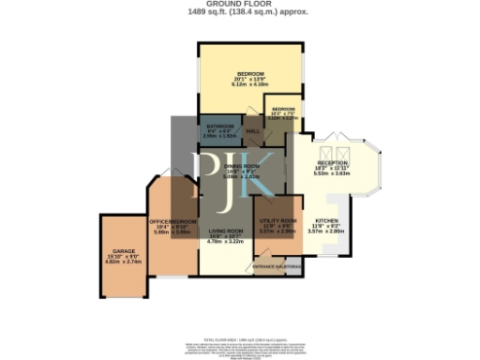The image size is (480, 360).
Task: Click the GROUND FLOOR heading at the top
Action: pos(240,4)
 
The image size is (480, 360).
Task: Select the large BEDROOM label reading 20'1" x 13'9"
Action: pos(250,73)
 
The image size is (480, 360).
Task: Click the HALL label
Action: pos(252,130)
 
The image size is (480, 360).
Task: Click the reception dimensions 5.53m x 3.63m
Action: pos(333,174)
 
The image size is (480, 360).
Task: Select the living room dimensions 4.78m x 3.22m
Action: pos(225,242)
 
